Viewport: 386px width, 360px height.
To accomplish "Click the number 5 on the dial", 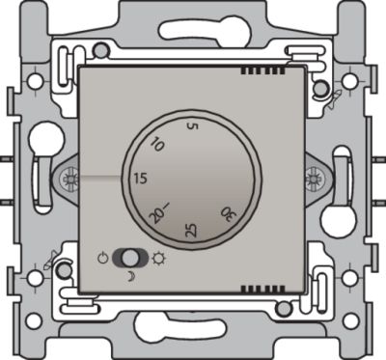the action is coord(193,126).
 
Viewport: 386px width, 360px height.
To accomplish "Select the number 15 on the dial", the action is coord(141,179).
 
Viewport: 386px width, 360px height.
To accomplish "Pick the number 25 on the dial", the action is coord(192,230).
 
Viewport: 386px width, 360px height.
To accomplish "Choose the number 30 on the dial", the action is coord(228,214).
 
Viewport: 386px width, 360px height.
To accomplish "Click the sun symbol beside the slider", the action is coord(158,258).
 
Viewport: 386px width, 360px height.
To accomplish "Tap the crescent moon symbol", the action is coord(131,277).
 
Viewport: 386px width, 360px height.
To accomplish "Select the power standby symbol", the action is coord(102,258).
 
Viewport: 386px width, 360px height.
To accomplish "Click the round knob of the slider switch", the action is coord(128,259).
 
